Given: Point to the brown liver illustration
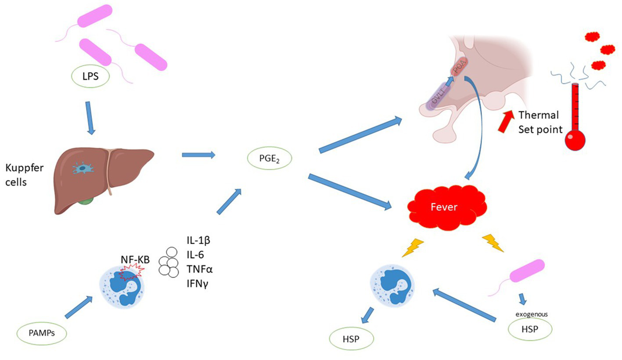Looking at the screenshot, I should point(105,176).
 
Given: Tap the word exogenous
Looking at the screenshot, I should point(530,314).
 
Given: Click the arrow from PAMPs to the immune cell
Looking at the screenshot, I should point(79,307).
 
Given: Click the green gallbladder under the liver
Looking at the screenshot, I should point(88,202).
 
